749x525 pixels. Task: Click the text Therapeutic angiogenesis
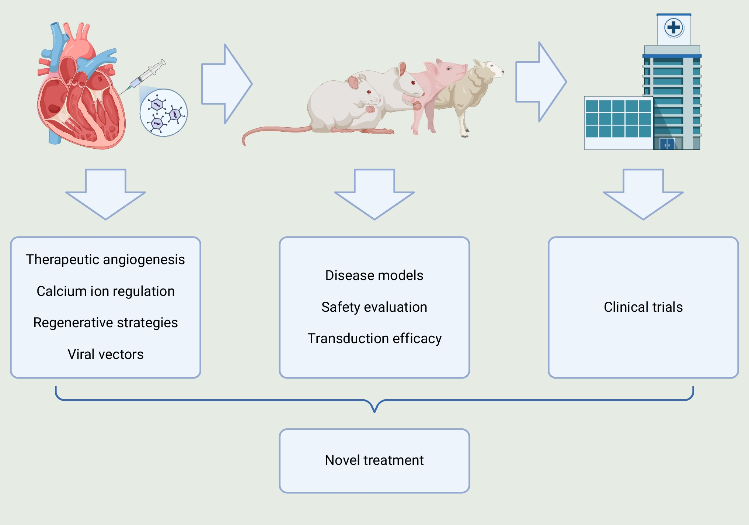click(105, 259)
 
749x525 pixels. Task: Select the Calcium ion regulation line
click(105, 291)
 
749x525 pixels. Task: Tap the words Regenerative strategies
click(105, 322)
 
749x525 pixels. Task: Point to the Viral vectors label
click(105, 354)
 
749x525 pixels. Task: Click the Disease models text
click(374, 275)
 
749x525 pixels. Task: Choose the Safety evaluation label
click(374, 307)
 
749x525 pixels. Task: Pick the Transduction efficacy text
click(374, 338)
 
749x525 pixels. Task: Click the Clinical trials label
click(643, 307)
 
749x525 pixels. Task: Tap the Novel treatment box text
click(374, 460)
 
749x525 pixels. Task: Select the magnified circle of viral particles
click(164, 113)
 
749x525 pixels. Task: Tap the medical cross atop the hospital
click(673, 28)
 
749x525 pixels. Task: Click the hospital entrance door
click(667, 144)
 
